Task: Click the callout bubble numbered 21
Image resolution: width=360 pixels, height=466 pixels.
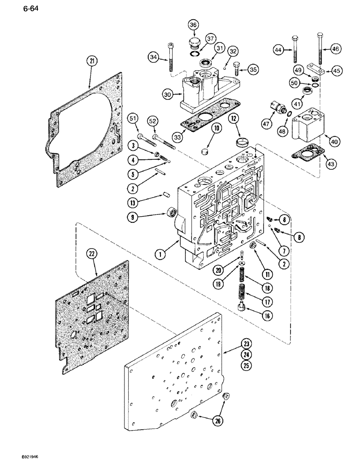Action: (x=92, y=61)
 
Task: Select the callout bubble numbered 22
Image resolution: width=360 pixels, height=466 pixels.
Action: (x=91, y=254)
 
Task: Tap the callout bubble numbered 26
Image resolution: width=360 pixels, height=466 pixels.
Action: (x=218, y=421)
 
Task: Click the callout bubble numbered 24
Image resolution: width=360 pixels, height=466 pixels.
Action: (x=245, y=354)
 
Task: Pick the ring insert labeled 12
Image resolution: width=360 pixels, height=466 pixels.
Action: (x=244, y=141)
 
